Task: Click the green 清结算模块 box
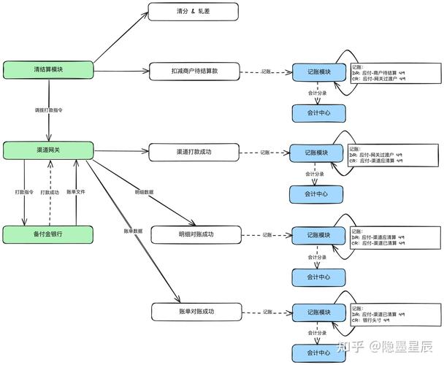[48, 69]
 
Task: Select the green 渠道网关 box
[48, 150]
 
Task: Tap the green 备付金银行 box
[48, 234]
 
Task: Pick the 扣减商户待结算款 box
[194, 72]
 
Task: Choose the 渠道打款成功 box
[194, 153]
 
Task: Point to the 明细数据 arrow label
[144, 192]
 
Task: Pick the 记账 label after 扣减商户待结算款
[268, 72]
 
